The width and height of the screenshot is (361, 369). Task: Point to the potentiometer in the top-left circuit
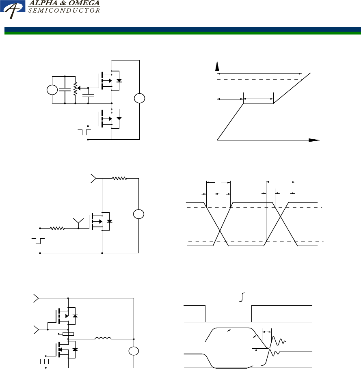(x=75, y=88)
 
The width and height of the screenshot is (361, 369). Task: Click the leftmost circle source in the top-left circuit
(x=52, y=90)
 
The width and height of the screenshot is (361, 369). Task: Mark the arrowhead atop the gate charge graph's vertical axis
(x=217, y=65)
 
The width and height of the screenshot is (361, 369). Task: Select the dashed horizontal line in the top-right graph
(x=260, y=80)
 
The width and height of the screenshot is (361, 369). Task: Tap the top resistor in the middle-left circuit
(x=120, y=178)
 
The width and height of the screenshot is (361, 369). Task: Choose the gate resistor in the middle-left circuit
(x=58, y=228)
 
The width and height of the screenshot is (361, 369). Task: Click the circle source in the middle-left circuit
(x=138, y=214)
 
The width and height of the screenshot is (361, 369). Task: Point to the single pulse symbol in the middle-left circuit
(x=39, y=241)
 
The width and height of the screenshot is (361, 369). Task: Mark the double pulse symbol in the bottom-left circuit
(x=45, y=360)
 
